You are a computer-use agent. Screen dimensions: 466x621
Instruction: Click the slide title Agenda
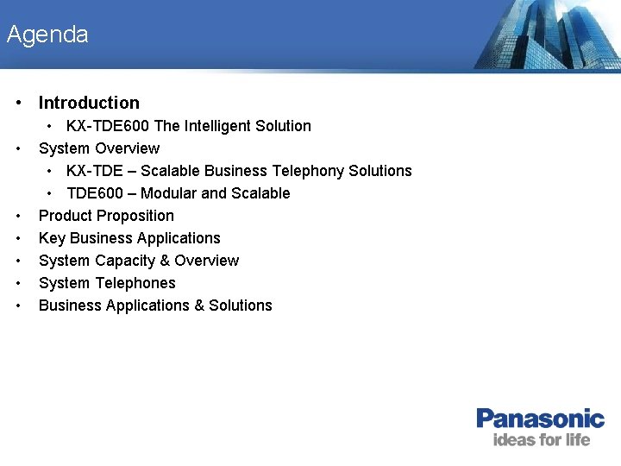click(x=47, y=35)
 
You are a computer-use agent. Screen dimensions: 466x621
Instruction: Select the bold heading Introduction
click(x=89, y=103)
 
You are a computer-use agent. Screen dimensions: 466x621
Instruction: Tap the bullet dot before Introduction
click(x=18, y=103)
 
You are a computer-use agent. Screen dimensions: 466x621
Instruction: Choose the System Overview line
click(x=99, y=148)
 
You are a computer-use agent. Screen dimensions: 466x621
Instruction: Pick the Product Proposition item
click(x=106, y=216)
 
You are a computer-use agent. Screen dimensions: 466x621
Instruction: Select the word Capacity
click(x=124, y=261)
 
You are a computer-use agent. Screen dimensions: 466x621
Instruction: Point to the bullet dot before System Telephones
click(x=18, y=283)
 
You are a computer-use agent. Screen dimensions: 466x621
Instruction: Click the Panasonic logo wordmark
click(x=540, y=419)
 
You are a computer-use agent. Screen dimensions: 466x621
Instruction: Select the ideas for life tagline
click(x=541, y=440)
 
